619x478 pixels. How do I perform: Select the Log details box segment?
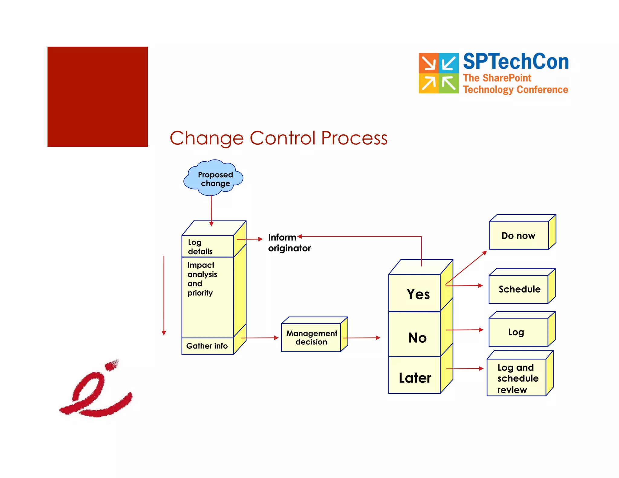coord(207,247)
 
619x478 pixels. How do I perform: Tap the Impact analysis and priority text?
coord(202,279)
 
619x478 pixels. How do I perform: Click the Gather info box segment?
coord(207,346)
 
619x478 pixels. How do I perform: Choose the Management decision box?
coord(311,338)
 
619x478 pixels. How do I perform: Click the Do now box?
coord(519,235)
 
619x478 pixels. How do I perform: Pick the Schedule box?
coord(519,289)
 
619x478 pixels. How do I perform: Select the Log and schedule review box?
coord(517,378)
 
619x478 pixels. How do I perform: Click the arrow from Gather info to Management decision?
coord(260,338)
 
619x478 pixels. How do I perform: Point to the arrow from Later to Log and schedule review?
coord(465,369)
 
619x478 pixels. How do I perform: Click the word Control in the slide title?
coord(282,138)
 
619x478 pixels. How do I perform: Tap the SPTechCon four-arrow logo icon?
coord(439,73)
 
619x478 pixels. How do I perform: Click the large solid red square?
coord(98,97)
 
